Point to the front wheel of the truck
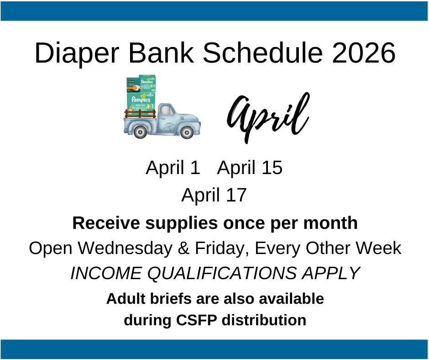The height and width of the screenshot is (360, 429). [x=186, y=132]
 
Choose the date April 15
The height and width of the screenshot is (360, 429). [x=250, y=168]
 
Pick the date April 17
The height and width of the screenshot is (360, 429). [x=214, y=196]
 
